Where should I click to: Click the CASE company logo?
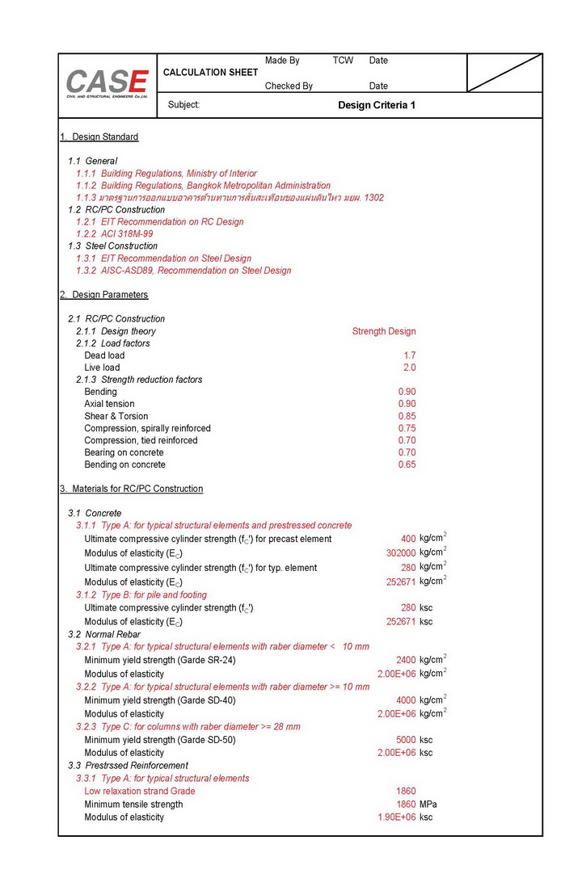107,84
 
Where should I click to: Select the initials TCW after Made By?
343,61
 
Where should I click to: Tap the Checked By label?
289,86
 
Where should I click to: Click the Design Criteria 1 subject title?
377,105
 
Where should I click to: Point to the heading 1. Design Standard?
99,137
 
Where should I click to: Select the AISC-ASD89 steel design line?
183,271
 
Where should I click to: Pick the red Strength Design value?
384,331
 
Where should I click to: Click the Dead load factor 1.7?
410,355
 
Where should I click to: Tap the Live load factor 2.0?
410,368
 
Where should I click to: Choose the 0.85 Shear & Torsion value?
407,416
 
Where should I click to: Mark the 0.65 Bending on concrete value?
407,464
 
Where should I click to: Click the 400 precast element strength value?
408,539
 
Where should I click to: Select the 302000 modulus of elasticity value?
401,553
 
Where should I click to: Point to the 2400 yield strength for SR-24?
406,660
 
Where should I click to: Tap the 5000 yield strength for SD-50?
406,740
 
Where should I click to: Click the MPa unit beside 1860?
428,804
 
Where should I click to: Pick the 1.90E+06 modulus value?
397,817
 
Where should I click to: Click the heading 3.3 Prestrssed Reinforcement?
128,765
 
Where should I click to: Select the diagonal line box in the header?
504,73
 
